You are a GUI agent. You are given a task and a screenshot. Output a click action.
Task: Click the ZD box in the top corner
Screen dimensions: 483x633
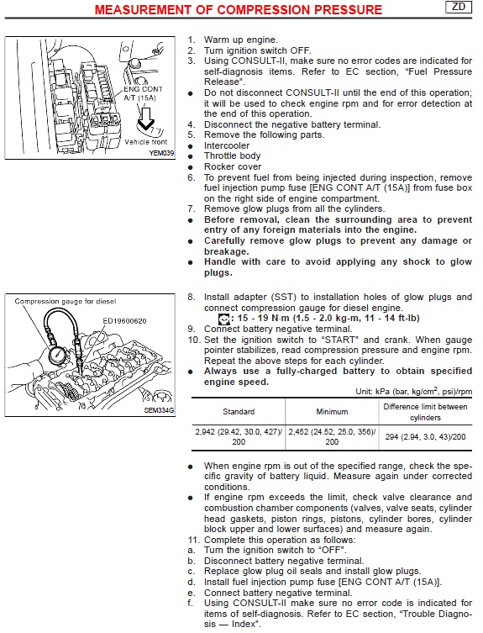pos(459,7)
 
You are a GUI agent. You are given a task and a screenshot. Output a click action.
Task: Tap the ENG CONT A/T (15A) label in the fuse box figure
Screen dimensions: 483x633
pos(143,93)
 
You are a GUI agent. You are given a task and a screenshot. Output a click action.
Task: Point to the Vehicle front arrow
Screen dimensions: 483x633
pos(145,119)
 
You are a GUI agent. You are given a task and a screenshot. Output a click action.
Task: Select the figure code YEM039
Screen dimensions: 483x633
pos(161,153)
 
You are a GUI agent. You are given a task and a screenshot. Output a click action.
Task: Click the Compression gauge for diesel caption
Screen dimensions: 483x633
pos(66,302)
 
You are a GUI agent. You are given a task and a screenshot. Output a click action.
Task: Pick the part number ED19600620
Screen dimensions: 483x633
pos(124,321)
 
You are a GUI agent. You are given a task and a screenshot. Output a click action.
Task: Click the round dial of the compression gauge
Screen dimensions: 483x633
pos(59,355)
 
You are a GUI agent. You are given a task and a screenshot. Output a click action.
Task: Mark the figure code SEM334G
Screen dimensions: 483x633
pos(159,410)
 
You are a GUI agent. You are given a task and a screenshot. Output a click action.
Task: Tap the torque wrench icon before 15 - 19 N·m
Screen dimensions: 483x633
pos(223,319)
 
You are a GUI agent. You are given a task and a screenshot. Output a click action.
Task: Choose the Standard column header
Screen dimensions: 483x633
pos(239,412)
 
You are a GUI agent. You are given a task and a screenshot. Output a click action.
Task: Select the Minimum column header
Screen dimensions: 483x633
pos(332,412)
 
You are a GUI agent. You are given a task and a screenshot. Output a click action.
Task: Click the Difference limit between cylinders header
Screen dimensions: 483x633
pos(425,412)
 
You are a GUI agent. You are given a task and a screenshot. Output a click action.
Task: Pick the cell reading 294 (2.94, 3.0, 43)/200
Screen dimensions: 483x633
pos(425,437)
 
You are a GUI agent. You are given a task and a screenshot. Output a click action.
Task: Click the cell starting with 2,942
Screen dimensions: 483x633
pos(239,437)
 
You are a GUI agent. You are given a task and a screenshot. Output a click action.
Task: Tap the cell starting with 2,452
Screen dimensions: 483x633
pos(332,437)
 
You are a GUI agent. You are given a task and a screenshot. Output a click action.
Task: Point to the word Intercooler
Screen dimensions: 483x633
pos(227,145)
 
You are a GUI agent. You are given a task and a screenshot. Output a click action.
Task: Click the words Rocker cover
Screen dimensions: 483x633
pos(233,166)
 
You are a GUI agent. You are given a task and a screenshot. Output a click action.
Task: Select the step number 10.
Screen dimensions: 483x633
pos(194,340)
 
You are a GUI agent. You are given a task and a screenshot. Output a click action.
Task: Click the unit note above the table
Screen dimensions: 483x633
pos(413,391)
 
